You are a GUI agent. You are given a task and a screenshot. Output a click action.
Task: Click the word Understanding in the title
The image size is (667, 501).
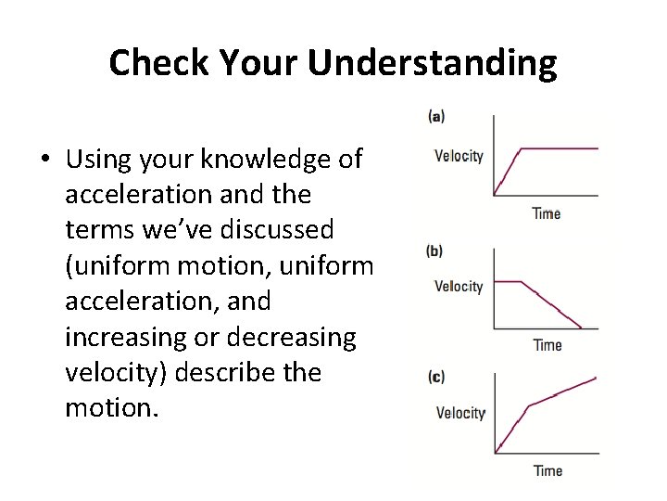[433, 63]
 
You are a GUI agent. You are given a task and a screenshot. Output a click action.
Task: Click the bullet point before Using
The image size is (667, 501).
[45, 161]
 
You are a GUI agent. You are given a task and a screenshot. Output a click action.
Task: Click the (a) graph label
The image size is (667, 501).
[436, 116]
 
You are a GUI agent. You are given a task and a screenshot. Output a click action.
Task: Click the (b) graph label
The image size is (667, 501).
[434, 250]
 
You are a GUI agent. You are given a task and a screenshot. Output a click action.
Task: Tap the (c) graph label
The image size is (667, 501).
[436, 377]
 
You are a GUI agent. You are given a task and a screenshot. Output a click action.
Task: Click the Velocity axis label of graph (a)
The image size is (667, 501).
[459, 156]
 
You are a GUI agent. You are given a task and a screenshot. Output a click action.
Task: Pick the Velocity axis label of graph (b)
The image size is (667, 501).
[459, 287]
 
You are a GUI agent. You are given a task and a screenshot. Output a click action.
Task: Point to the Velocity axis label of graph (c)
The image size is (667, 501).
[460, 413]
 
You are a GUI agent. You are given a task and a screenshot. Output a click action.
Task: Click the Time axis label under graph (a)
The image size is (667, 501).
[547, 214]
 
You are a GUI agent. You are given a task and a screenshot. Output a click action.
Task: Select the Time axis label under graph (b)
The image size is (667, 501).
[547, 345]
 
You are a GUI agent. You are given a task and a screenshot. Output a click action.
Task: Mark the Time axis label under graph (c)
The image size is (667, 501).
[547, 470]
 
